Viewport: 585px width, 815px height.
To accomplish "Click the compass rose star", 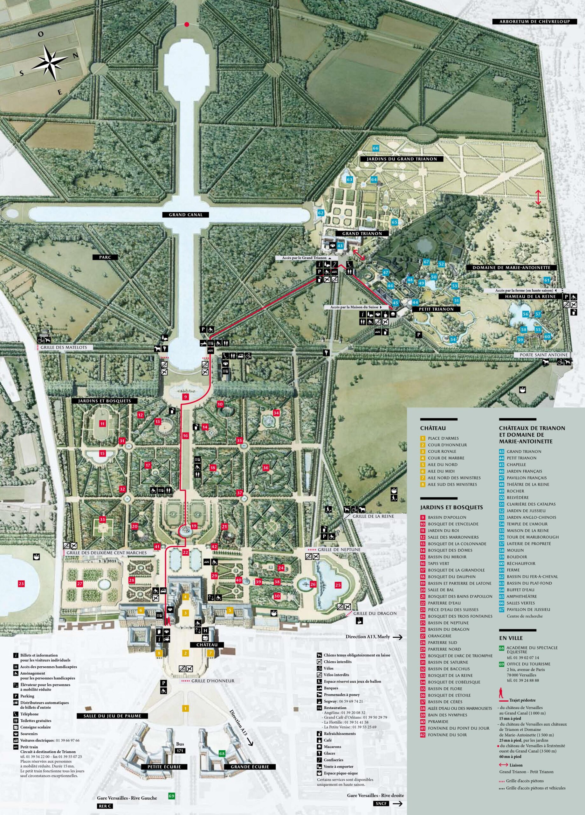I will (50, 61).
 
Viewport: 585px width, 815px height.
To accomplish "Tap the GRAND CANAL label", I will (186, 215).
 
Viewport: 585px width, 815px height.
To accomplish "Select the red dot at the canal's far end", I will (186, 25).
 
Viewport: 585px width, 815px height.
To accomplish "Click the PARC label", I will (106, 257).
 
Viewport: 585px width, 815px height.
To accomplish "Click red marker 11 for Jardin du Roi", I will (103, 424).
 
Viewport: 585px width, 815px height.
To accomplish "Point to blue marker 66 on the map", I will (375, 148).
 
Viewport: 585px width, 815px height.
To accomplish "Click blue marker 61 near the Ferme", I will (547, 280).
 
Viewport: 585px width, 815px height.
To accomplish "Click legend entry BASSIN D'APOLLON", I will (447, 517).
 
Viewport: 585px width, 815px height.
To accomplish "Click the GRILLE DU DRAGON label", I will (375, 613).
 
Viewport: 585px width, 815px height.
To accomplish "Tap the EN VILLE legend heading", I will (511, 638).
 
